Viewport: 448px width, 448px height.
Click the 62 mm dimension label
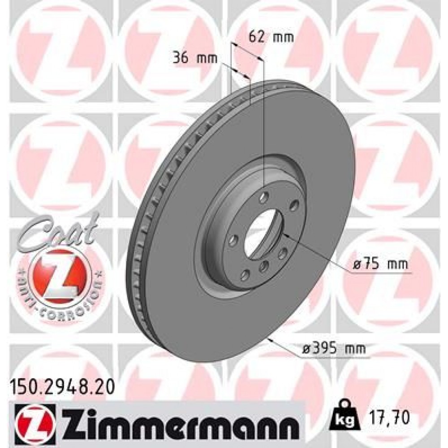pyautogui.click(x=271, y=37)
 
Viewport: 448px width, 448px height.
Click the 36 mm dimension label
pyautogui.click(x=195, y=58)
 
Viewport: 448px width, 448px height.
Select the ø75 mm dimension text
pyautogui.click(x=381, y=265)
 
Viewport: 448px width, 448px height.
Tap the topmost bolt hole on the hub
pyautogui.click(x=265, y=195)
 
